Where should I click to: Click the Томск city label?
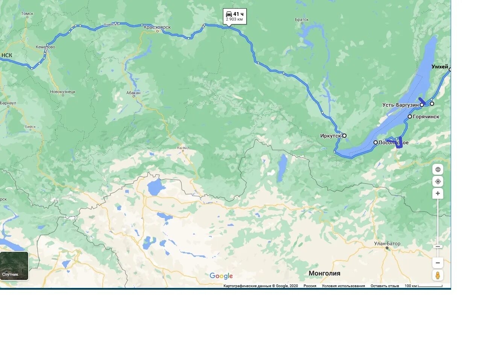pyautogui.click(x=27, y=14)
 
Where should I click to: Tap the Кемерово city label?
pyautogui.click(x=45, y=47)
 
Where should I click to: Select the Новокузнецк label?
pyautogui.click(x=63, y=92)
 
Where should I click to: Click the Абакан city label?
pyautogui.click(x=133, y=93)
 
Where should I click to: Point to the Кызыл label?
pyautogui.click(x=183, y=148)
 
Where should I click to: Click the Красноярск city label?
pyautogui.click(x=157, y=27)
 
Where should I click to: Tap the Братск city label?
pyautogui.click(x=302, y=20)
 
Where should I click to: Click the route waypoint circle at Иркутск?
pyautogui.click(x=344, y=136)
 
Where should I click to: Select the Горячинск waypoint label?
pyautogui.click(x=426, y=117)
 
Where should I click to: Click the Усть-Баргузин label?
pyautogui.click(x=400, y=105)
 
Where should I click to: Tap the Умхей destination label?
pyautogui.click(x=440, y=67)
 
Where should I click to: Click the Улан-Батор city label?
pyautogui.click(x=387, y=244)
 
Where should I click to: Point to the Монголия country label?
pyautogui.click(x=324, y=273)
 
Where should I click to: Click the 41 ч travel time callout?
pyautogui.click(x=235, y=17)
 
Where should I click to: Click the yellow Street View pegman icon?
pyautogui.click(x=438, y=275)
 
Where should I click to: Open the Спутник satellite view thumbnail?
pyautogui.click(x=14, y=266)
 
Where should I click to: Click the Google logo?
pyautogui.click(x=221, y=276)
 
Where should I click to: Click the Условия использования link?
pyautogui.click(x=343, y=286)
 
